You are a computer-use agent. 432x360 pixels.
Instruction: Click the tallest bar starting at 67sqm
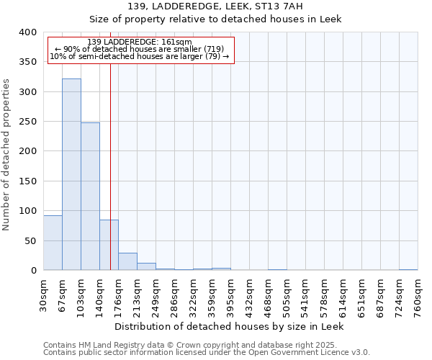(71, 174)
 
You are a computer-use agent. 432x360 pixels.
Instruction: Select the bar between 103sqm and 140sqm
(90, 197)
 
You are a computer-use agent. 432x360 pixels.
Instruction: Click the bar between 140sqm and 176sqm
(109, 245)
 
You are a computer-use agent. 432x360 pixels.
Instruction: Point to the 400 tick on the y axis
(28, 32)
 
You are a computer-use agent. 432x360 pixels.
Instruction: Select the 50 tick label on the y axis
(31, 240)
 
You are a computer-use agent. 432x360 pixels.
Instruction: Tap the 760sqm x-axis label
(418, 293)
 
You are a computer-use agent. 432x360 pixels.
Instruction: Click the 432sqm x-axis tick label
(249, 293)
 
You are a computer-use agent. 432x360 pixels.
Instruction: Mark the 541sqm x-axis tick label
(305, 293)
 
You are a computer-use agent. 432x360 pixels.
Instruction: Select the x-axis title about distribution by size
(230, 326)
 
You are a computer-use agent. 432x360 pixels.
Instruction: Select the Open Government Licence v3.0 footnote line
(206, 352)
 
